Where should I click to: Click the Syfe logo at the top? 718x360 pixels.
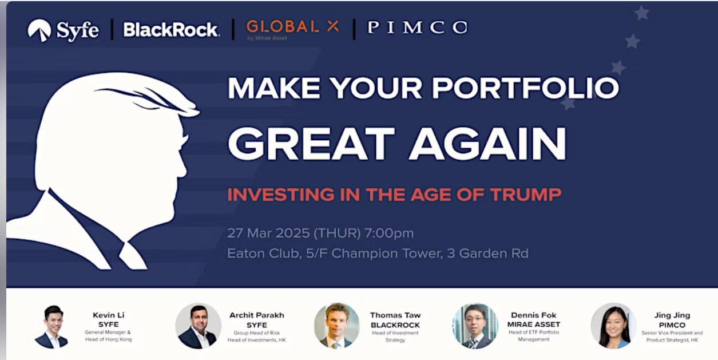tap(63, 30)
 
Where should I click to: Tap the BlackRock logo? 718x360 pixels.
tap(172, 30)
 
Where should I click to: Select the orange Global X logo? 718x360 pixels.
tap(292, 30)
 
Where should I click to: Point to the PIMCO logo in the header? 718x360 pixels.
tap(417, 27)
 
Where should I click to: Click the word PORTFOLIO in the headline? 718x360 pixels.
tap(526, 88)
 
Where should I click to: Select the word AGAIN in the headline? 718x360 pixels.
tap(488, 143)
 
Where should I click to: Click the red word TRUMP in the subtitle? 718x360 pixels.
tap(526, 195)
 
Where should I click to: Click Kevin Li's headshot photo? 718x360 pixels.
tap(52, 326)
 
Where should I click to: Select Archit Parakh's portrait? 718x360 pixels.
tap(198, 326)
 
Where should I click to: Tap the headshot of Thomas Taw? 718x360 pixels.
tap(336, 326)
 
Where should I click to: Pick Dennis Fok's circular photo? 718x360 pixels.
tap(475, 326)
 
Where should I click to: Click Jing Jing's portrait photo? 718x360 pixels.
tap(613, 326)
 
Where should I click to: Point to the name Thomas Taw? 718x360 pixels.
tap(395, 315)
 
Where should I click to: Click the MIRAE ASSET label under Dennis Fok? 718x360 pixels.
tap(534, 325)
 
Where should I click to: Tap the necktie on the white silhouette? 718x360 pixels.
tap(132, 255)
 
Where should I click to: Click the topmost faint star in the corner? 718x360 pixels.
tap(642, 13)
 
